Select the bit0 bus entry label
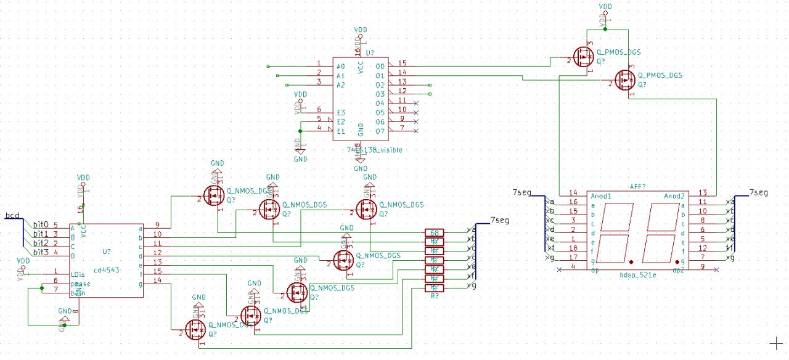[x=41, y=225]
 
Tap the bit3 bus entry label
[x=41, y=252]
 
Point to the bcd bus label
[x=12, y=216]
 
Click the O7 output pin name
[x=380, y=131]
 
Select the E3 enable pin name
[x=340, y=113]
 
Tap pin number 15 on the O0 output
[x=402, y=63]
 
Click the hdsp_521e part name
[x=639, y=275]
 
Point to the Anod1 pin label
[x=601, y=196]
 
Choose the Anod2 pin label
[x=675, y=196]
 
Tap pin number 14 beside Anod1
[x=573, y=193]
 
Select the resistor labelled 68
[x=435, y=232]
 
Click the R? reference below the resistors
[x=435, y=297]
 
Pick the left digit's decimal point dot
[x=631, y=261]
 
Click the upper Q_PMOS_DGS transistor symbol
[x=583, y=58]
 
